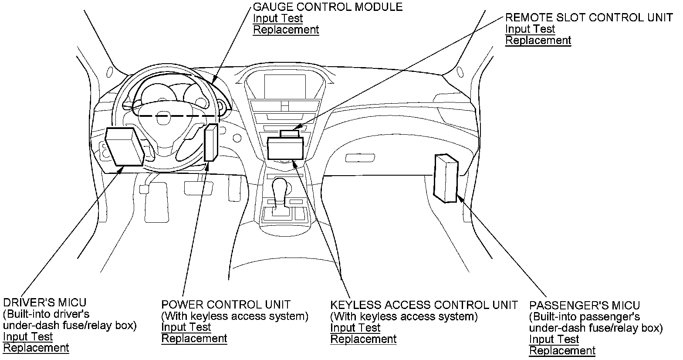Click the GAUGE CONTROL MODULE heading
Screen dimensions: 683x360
(328, 7)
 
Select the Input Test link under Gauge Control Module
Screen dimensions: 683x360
(278, 18)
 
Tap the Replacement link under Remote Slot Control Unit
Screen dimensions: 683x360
(538, 41)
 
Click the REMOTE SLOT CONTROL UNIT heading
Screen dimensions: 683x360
(589, 18)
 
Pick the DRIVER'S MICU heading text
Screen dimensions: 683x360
(45, 302)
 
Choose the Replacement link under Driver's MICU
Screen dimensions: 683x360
(36, 348)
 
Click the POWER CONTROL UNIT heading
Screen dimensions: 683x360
(226, 305)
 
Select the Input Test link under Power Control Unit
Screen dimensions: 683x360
(186, 327)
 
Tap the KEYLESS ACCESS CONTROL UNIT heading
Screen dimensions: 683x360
(424, 305)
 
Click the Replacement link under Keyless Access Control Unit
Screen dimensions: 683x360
(363, 339)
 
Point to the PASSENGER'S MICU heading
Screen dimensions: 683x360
(585, 306)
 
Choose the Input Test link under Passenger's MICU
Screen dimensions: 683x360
(554, 339)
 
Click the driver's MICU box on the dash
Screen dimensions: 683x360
(125, 147)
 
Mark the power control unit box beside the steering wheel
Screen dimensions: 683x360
(211, 143)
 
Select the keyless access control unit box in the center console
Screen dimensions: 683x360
(285, 148)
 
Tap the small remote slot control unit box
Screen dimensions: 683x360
(289, 134)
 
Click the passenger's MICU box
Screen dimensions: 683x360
(446, 179)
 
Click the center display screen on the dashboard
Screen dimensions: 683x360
(285, 87)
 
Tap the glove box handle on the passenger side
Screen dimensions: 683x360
(360, 158)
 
